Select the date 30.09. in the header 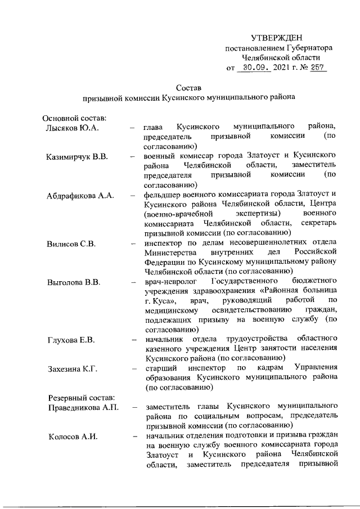click(254, 68)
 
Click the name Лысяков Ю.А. click(72, 128)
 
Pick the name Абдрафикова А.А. click(80, 195)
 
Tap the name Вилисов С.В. click(71, 244)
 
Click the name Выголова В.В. click(73, 282)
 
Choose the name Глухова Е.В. click(71, 340)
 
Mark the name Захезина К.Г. click(72, 369)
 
